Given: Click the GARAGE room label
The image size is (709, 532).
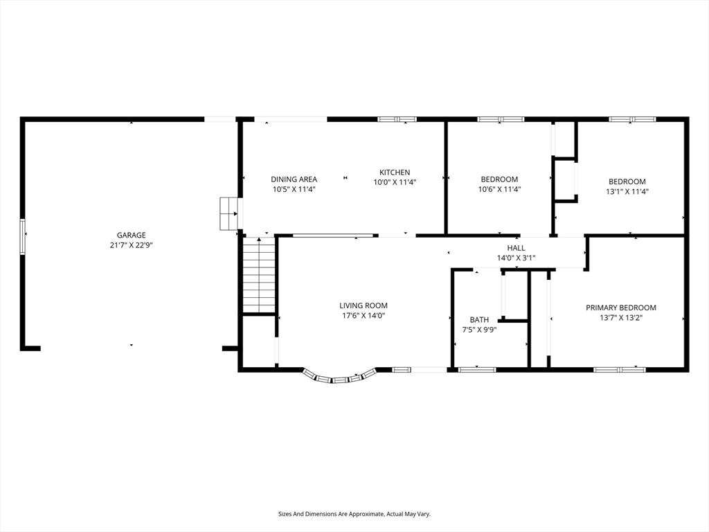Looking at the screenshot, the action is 131,236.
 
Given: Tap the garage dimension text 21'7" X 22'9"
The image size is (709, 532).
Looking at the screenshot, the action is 131,245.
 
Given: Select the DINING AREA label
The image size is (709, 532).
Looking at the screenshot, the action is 294,179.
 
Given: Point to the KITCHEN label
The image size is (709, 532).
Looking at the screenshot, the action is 395,172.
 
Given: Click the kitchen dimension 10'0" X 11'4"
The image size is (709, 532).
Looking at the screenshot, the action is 395,182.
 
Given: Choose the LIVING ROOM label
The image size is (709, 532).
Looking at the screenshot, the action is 364,305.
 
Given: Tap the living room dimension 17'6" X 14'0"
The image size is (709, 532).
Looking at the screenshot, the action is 364,316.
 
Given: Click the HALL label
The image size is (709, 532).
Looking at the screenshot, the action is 516,248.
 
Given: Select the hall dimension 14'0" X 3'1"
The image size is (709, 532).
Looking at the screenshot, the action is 516,258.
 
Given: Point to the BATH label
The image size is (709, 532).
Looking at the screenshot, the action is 479,320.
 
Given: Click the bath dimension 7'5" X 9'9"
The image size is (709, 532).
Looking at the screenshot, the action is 479,330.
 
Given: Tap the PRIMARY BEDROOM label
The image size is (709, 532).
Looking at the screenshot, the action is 621,308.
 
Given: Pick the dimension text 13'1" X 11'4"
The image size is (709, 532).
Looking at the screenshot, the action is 627,191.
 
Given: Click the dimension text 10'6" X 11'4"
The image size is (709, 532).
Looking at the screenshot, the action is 500,189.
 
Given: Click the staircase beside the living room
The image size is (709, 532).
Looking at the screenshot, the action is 259,275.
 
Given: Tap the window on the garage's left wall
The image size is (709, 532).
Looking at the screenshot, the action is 22,237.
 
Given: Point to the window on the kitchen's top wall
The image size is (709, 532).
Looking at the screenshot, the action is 397,119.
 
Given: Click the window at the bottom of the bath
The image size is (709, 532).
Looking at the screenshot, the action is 477,370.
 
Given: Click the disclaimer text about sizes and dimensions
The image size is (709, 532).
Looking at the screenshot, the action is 354,514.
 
